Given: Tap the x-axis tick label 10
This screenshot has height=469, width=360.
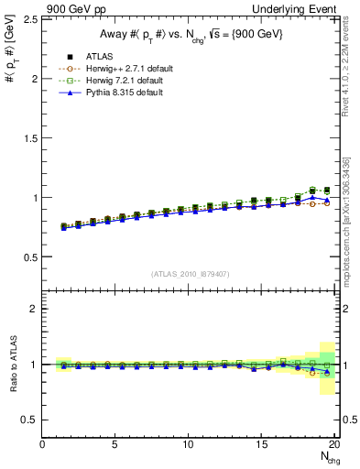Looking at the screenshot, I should pos(189,444).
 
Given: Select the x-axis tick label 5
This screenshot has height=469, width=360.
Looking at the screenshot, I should pos(115,444).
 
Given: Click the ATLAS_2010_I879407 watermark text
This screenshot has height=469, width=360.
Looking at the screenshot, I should pos(190,274).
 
